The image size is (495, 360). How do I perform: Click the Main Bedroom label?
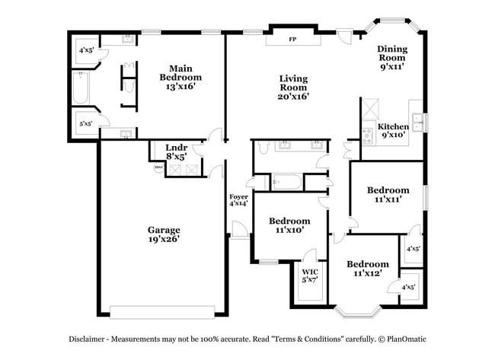(180, 77)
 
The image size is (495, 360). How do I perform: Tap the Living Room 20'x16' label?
(293, 87)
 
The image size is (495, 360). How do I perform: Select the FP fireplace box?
(293, 40)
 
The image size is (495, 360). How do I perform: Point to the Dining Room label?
(392, 58)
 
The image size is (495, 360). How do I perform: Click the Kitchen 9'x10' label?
(394, 131)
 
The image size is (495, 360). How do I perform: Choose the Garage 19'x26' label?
(164, 234)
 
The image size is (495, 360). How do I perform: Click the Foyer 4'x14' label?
(238, 200)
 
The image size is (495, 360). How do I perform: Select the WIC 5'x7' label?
(310, 276)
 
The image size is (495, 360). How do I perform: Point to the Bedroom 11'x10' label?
(289, 225)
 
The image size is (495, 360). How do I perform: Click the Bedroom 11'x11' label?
(388, 194)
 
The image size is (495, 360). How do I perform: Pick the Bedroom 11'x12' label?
(368, 269)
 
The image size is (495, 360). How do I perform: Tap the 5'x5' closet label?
(85, 123)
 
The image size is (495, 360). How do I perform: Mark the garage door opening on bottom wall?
(163, 311)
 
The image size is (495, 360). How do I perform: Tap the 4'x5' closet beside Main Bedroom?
(85, 51)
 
